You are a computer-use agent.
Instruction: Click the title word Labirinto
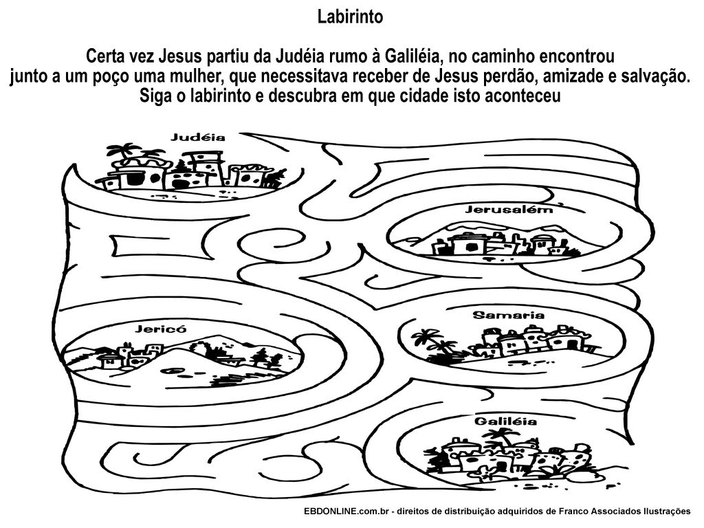click(x=350, y=17)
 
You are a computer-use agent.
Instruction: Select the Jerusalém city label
click(x=509, y=209)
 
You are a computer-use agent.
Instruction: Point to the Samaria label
click(x=508, y=316)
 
